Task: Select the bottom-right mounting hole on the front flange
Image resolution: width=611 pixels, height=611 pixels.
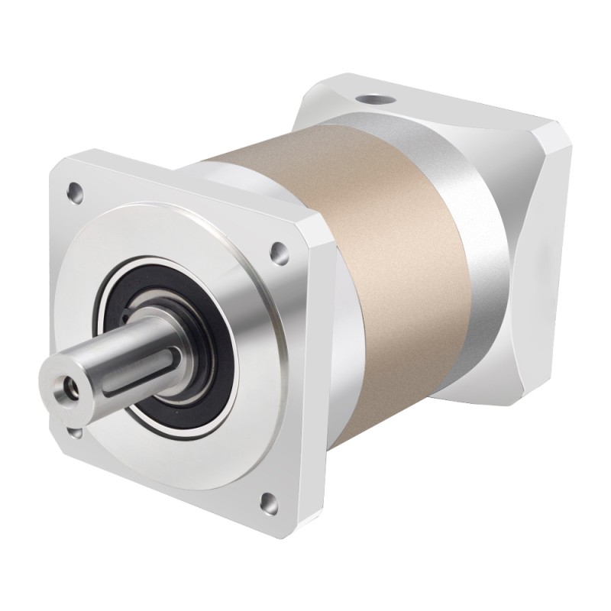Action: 267,502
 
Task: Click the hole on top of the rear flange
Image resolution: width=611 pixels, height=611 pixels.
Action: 374,99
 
